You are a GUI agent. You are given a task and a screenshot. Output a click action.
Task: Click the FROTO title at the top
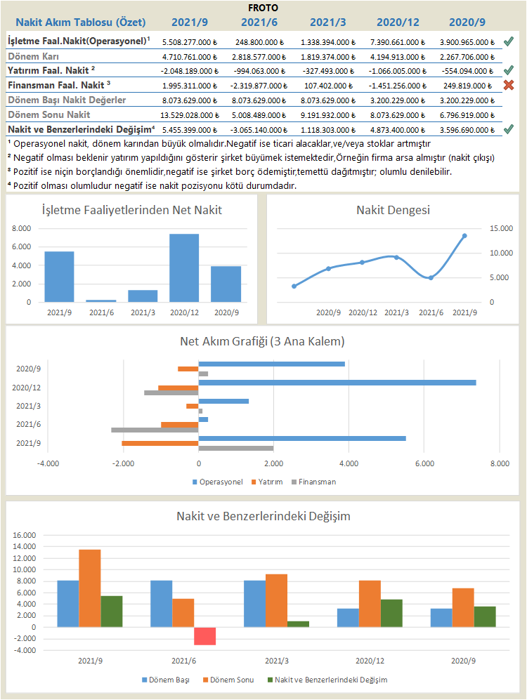click(x=263, y=7)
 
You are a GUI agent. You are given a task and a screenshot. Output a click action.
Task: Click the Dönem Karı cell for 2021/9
click(x=190, y=56)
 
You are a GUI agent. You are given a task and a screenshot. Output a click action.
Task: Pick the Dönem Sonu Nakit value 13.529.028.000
click(x=190, y=114)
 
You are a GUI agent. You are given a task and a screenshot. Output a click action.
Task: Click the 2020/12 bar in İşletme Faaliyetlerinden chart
click(x=184, y=268)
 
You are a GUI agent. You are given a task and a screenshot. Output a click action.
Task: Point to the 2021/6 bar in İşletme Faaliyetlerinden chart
click(x=101, y=301)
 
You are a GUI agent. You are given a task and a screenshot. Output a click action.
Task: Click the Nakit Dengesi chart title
click(x=393, y=210)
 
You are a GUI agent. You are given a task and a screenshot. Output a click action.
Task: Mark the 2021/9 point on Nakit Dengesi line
click(x=464, y=236)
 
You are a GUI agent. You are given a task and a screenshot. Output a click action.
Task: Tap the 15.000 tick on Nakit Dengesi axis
click(x=502, y=228)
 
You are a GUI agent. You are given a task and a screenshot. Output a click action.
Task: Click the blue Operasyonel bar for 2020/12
click(x=337, y=383)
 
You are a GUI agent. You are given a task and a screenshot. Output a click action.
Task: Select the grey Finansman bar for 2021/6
click(x=155, y=430)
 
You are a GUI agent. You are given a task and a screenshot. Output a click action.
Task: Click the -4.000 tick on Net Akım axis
click(x=48, y=464)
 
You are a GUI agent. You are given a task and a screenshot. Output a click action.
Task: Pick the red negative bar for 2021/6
click(x=205, y=635)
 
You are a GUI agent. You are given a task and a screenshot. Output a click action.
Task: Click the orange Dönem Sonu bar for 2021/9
click(x=89, y=588)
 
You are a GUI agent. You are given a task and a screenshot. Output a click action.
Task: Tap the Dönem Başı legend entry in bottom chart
click(x=163, y=680)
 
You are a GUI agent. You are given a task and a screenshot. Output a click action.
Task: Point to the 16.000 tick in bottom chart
click(x=25, y=535)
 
